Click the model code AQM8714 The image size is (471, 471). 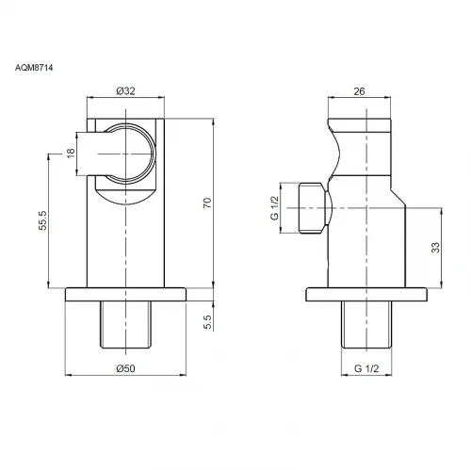click(x=34, y=68)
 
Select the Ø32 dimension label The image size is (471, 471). click(x=125, y=91)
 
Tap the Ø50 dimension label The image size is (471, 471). click(x=125, y=368)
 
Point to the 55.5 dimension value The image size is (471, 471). click(x=42, y=220)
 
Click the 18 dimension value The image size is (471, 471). click(x=71, y=153)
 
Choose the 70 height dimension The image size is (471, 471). click(x=207, y=203)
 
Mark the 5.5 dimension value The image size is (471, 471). click(x=207, y=322)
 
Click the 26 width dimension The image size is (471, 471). click(x=359, y=91)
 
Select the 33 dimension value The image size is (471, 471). click(x=435, y=248)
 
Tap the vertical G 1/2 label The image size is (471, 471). click(x=274, y=208)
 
